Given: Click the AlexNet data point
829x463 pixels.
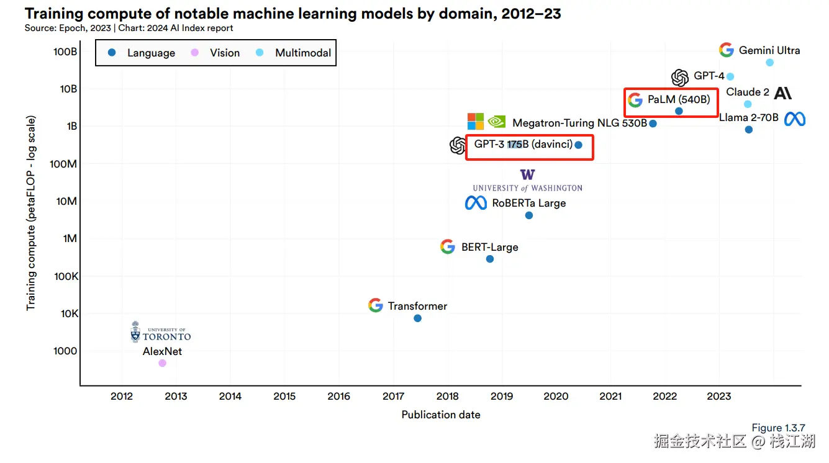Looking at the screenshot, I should [x=162, y=363].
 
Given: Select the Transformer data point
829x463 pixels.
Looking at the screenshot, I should [x=417, y=318].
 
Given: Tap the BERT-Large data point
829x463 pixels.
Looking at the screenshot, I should [x=490, y=259].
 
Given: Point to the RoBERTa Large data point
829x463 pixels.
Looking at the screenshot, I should [x=529, y=215].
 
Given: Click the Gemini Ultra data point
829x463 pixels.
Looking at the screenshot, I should [x=770, y=62].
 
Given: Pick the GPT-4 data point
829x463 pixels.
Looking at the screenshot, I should [x=730, y=76].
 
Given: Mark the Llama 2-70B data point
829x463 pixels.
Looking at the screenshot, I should [x=749, y=130].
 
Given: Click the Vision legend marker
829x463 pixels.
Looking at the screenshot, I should [x=194, y=53].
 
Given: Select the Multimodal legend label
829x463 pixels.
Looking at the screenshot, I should [x=303, y=53].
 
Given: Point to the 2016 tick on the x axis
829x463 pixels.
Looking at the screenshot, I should [x=338, y=396].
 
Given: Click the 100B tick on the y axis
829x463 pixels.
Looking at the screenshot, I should [x=65, y=52].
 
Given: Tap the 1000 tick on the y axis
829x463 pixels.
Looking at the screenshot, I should [x=65, y=351].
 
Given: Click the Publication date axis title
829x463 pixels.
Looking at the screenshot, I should [x=441, y=415].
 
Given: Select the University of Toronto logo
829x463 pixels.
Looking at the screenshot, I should [x=160, y=333].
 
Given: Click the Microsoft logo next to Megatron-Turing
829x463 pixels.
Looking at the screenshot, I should [x=476, y=121].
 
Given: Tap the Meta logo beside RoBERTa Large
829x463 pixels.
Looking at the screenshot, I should [x=476, y=203].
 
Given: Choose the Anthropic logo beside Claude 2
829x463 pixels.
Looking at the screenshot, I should [x=783, y=93].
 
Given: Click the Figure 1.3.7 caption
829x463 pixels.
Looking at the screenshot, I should [x=778, y=428].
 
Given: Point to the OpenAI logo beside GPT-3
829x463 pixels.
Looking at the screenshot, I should [x=458, y=145].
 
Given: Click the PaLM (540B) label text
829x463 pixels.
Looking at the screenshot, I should [x=678, y=99].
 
